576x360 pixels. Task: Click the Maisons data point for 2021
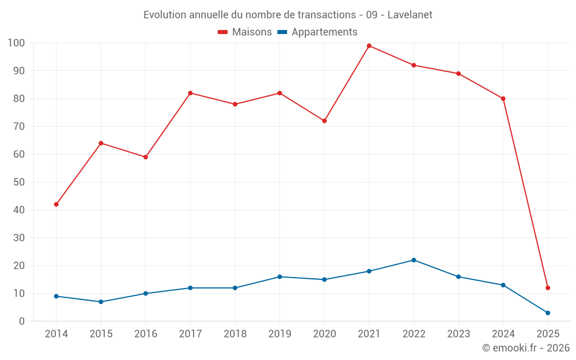(x=369, y=46)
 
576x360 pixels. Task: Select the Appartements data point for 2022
(x=414, y=260)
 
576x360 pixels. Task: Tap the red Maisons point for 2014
(x=56, y=204)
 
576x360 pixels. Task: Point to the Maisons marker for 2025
(x=548, y=288)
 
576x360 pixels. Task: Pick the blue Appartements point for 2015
(x=101, y=302)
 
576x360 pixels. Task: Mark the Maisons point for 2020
(x=324, y=121)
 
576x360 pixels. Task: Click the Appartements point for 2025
(x=548, y=313)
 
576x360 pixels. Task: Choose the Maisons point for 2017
(x=190, y=93)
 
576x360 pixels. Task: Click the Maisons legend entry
(x=245, y=32)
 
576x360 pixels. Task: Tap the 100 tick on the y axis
(x=16, y=43)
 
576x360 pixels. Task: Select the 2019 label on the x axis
(x=279, y=334)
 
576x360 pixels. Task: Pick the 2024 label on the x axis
(x=503, y=334)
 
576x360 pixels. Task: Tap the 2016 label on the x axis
(x=146, y=334)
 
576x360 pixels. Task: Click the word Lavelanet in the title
(x=410, y=14)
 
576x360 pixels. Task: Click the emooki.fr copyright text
(x=526, y=348)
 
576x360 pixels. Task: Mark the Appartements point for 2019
(x=279, y=276)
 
